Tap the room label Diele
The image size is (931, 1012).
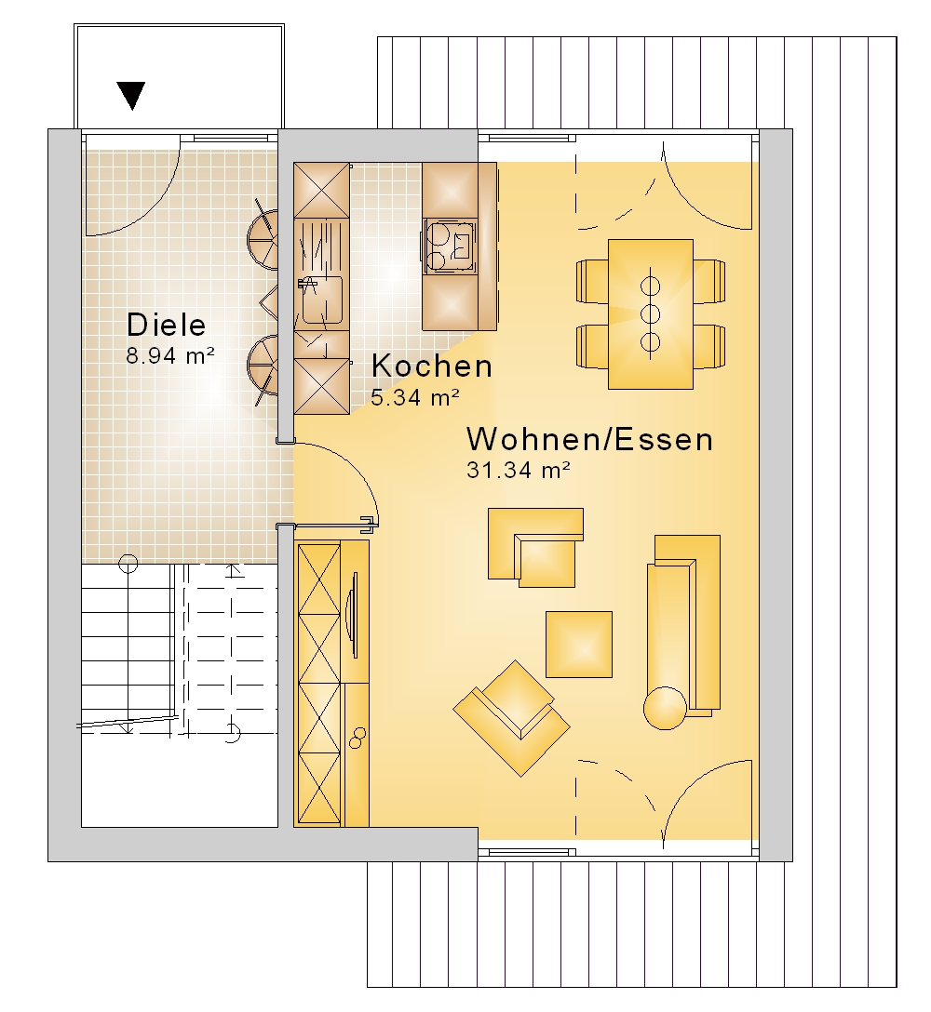coord(167,325)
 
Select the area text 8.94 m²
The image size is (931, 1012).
coord(170,355)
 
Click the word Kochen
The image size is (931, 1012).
coord(432,366)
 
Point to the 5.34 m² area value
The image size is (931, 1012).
coord(415,397)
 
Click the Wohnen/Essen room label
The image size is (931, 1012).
coord(590,440)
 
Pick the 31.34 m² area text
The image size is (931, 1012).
coord(519,470)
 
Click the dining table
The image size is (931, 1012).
coord(651,314)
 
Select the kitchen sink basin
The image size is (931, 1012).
coord(322,300)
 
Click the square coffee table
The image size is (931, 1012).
coord(579,644)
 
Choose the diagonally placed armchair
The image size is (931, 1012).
coord(511,718)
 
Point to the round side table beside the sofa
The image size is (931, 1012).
coord(665,708)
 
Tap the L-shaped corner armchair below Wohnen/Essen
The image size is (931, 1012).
coord(535,547)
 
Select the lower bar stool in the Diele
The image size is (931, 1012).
coord(263,365)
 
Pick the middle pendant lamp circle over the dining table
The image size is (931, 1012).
coord(651,314)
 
